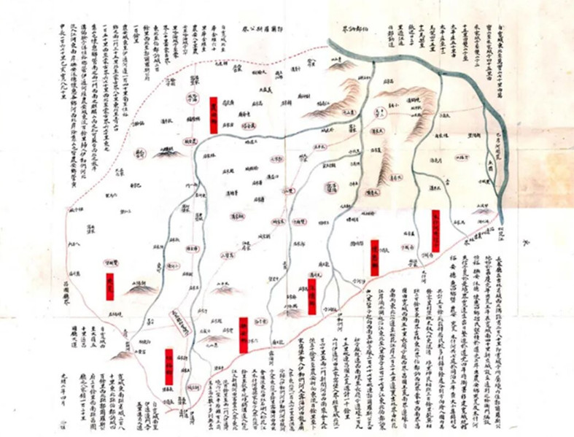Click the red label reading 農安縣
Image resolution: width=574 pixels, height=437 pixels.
coord(213,115)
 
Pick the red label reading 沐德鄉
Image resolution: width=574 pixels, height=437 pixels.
coord(312,296)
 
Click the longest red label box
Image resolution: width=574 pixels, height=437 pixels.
coord(435,230)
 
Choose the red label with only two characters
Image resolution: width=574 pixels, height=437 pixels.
coord(110,286)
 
